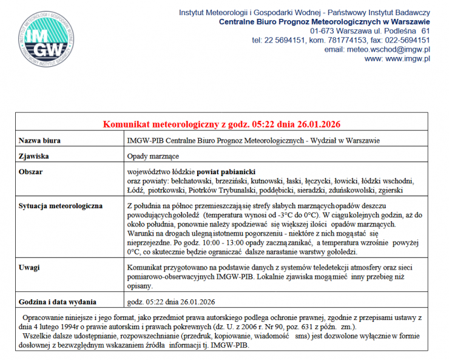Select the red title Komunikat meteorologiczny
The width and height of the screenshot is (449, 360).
[x=221, y=125]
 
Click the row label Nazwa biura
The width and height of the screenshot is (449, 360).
[x=40, y=141]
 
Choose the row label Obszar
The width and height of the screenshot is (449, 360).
[x=31, y=172]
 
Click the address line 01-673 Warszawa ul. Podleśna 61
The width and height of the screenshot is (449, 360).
[x=370, y=30]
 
